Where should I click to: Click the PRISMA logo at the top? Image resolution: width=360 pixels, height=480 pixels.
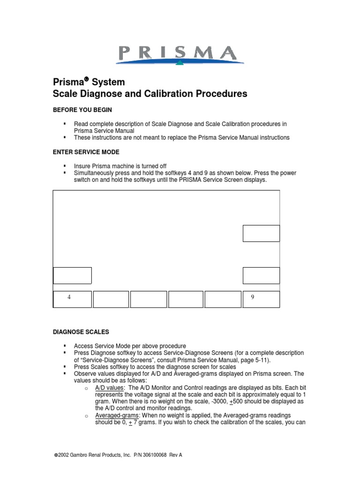(x=180, y=54)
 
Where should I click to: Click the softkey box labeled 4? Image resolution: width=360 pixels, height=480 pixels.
(x=72, y=299)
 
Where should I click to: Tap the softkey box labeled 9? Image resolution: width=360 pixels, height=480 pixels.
(x=261, y=299)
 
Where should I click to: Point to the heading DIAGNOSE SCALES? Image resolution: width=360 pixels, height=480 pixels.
(x=81, y=332)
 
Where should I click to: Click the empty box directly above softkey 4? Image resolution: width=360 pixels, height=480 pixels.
(x=72, y=275)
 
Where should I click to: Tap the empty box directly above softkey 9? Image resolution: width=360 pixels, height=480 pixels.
(x=261, y=275)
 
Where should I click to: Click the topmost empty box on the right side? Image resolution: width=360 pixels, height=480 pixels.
(x=261, y=233)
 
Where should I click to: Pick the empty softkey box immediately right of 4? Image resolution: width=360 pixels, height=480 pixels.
(x=111, y=299)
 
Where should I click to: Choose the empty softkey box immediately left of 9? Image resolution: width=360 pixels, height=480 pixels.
(x=223, y=299)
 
